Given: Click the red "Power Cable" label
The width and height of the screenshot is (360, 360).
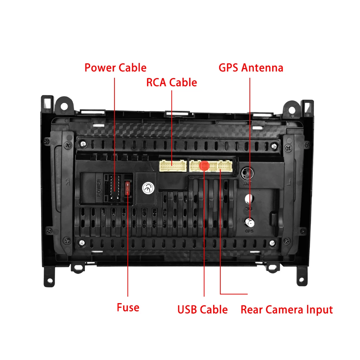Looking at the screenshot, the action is click(115, 68).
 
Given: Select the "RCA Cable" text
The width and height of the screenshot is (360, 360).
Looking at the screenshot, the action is click(171, 82).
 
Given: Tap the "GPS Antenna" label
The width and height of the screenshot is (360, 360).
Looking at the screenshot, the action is click(251, 68).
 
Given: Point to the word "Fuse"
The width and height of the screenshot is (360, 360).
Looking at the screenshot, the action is click(128, 307).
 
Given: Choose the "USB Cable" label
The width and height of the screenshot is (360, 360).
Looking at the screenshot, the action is click(202, 310).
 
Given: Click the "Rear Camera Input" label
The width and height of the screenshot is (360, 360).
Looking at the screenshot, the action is click(287, 310).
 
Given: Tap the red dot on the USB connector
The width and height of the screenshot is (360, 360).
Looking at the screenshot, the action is click(204, 166).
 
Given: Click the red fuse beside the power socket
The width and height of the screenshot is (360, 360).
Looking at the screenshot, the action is click(127, 188).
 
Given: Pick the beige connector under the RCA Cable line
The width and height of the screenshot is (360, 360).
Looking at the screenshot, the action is click(173, 166).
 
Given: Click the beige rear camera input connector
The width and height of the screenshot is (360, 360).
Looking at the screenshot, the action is click(225, 166).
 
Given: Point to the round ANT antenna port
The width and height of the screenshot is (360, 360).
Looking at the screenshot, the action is click(247, 174).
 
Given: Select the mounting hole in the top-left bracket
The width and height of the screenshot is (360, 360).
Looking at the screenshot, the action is click(64, 107).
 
